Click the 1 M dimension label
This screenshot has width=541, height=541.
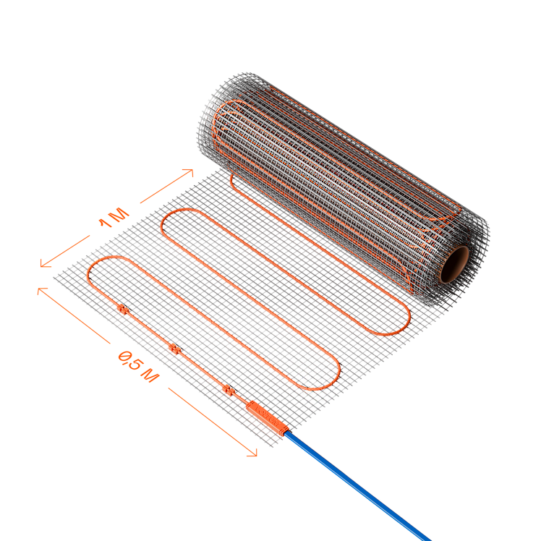pos(114,218)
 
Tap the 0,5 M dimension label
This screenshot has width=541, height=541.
pos(139,367)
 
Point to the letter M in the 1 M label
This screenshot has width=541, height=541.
pos(120,214)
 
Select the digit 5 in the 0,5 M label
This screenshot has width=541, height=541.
pos(134,363)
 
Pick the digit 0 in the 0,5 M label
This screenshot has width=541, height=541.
pos(124,356)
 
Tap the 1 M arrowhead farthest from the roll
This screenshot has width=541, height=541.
pos(44,264)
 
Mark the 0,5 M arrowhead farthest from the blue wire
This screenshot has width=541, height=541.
pos(41,290)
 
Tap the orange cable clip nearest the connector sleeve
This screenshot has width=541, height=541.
pos(229,391)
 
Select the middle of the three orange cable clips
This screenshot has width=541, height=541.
pos(175,349)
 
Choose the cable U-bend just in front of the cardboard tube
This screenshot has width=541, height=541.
pos(400,324)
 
